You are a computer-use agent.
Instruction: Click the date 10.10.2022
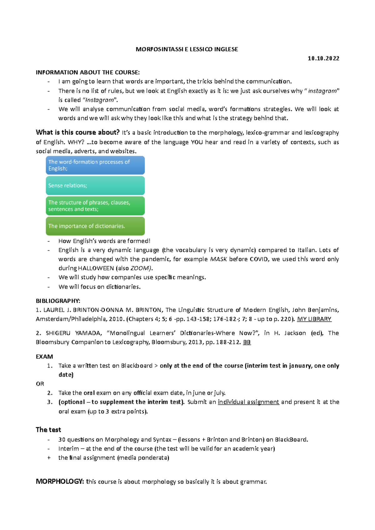point(323,58)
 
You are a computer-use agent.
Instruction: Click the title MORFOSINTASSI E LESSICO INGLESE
point(187,49)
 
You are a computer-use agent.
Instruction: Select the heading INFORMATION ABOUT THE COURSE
point(88,72)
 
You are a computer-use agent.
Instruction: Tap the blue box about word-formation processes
point(95,165)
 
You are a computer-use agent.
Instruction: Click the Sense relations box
point(95,185)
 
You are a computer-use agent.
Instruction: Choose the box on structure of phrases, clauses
point(95,206)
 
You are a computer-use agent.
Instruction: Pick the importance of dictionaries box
point(95,226)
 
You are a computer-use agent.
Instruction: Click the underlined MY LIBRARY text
point(314,319)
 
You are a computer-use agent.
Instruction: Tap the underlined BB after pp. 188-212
point(247,342)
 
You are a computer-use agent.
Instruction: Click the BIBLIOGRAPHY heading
point(58,301)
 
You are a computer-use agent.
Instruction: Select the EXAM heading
point(44,356)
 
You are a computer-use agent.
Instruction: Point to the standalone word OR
point(40,384)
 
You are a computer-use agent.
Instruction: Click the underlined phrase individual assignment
point(248,402)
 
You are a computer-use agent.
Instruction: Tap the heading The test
point(48,430)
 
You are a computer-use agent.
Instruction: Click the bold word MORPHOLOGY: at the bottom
point(60,481)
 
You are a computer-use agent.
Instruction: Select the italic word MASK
point(218,259)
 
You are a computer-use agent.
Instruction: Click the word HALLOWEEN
point(96,268)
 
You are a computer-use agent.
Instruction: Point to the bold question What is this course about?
point(77,132)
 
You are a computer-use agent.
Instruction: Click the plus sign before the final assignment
point(49,458)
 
